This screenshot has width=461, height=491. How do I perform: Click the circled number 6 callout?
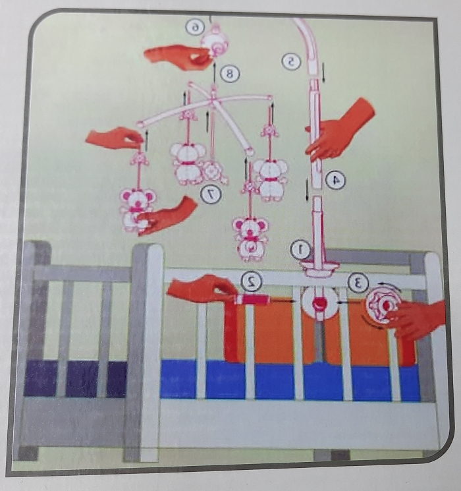[195, 28]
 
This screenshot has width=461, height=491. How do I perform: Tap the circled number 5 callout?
[290, 62]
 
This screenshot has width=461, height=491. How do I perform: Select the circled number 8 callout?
[230, 74]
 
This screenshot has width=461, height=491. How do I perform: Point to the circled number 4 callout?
[335, 181]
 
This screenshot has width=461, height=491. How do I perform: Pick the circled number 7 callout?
[211, 194]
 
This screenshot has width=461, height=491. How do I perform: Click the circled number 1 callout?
[300, 250]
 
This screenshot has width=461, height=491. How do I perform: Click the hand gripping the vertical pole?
[339, 131]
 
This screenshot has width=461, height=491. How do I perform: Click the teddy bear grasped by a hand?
[138, 209]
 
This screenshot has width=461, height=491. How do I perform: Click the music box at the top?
[215, 41]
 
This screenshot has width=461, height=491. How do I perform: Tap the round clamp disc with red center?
[319, 303]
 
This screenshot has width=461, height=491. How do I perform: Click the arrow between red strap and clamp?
[283, 301]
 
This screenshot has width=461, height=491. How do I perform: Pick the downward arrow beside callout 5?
[323, 72]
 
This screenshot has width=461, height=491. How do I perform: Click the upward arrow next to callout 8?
[214, 73]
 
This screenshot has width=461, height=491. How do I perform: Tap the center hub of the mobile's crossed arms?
[213, 98]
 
